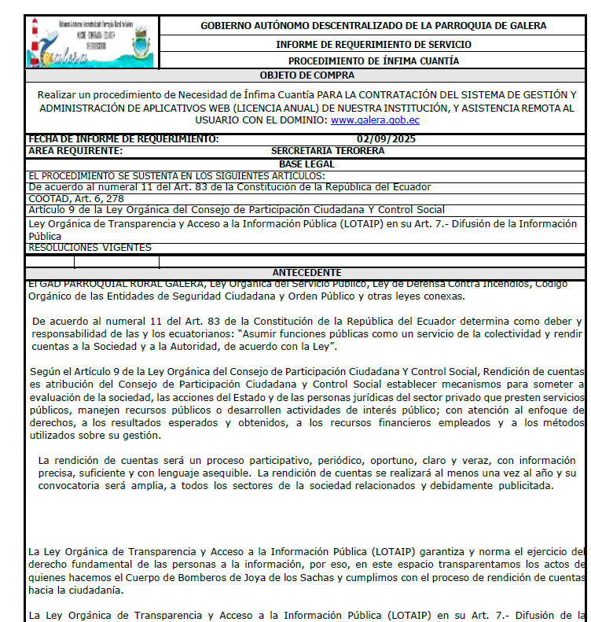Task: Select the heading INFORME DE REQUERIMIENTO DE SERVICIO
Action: [x=373, y=45]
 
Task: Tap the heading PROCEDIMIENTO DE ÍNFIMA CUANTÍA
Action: [x=373, y=61]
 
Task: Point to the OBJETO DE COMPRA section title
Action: [x=307, y=75]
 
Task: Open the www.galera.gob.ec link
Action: [x=375, y=120]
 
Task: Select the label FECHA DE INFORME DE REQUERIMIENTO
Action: [x=123, y=139]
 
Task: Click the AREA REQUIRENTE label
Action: [x=75, y=150]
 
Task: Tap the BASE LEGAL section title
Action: [x=307, y=164]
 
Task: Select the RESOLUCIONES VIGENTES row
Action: [x=90, y=248]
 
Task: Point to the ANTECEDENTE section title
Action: [x=307, y=272]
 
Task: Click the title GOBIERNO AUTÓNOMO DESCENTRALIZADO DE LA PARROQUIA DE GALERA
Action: [x=373, y=26]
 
